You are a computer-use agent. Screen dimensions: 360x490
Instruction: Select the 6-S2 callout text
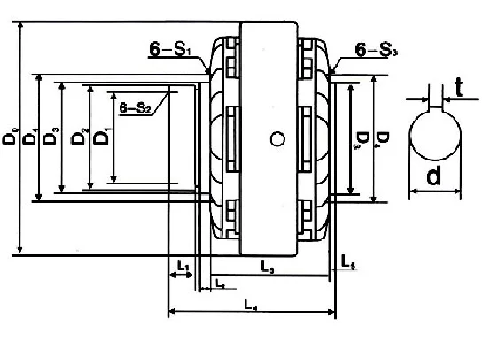[x=135, y=108]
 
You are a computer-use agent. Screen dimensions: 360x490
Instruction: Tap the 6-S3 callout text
[x=376, y=51]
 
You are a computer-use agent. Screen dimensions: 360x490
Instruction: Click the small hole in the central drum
[x=277, y=137]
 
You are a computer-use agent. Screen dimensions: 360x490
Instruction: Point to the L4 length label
[x=251, y=303]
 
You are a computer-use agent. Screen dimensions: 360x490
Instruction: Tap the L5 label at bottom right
[x=349, y=262]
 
